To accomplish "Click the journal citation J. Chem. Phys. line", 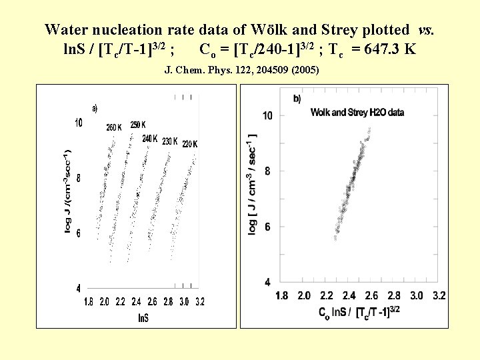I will [241, 70].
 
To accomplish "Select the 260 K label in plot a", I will [114, 127].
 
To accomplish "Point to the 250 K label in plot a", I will [138, 125].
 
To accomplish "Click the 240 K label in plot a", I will [150, 139].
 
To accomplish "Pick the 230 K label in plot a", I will [169, 141].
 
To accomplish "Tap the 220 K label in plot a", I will [190, 144].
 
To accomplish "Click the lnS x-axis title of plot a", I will [143, 317].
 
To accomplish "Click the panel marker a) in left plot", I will [95, 108].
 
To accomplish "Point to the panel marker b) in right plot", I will [297, 99].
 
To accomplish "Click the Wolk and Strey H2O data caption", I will [357, 113].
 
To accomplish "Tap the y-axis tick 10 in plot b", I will [267, 116].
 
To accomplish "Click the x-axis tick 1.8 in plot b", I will [281, 295].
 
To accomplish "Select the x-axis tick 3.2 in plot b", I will [439, 295].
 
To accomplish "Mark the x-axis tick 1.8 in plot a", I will [89, 302].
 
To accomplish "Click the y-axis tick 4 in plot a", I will [78, 289].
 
